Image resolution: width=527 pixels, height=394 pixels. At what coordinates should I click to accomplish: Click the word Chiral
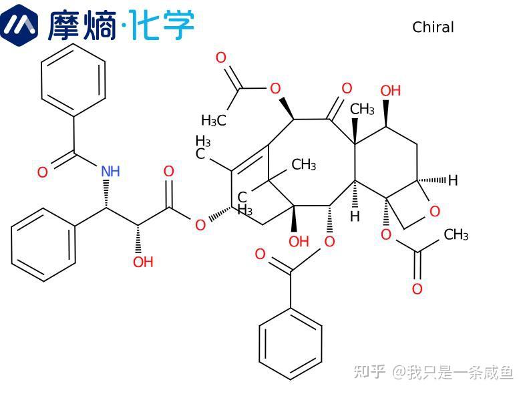click(x=433, y=27)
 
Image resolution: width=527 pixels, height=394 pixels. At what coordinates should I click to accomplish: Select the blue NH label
click(x=110, y=172)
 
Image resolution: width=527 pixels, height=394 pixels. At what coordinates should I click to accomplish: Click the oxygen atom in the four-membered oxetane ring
click(x=435, y=212)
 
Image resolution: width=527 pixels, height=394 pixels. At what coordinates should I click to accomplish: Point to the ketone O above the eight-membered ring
click(x=346, y=88)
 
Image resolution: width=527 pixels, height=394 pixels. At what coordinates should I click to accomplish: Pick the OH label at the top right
click(x=390, y=90)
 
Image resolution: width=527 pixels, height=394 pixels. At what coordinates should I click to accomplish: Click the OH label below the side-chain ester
click(x=143, y=262)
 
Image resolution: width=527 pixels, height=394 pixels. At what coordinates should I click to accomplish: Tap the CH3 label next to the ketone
click(x=363, y=109)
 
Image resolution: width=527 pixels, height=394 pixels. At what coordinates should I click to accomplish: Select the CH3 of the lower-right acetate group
click(x=456, y=235)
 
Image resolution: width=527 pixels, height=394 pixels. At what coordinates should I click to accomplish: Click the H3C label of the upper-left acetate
click(x=214, y=121)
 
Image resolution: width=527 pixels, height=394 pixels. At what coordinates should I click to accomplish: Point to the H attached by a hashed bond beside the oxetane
click(x=453, y=180)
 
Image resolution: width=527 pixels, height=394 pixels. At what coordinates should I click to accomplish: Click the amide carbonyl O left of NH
click(x=42, y=173)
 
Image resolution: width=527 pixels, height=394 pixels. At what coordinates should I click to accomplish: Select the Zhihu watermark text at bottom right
click(x=433, y=371)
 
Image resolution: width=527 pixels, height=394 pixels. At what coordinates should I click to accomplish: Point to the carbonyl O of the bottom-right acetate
click(x=417, y=289)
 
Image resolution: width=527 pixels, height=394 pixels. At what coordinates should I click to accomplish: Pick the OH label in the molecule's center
click(x=299, y=241)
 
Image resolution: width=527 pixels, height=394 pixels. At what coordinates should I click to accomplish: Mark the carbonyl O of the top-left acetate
click(x=221, y=58)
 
